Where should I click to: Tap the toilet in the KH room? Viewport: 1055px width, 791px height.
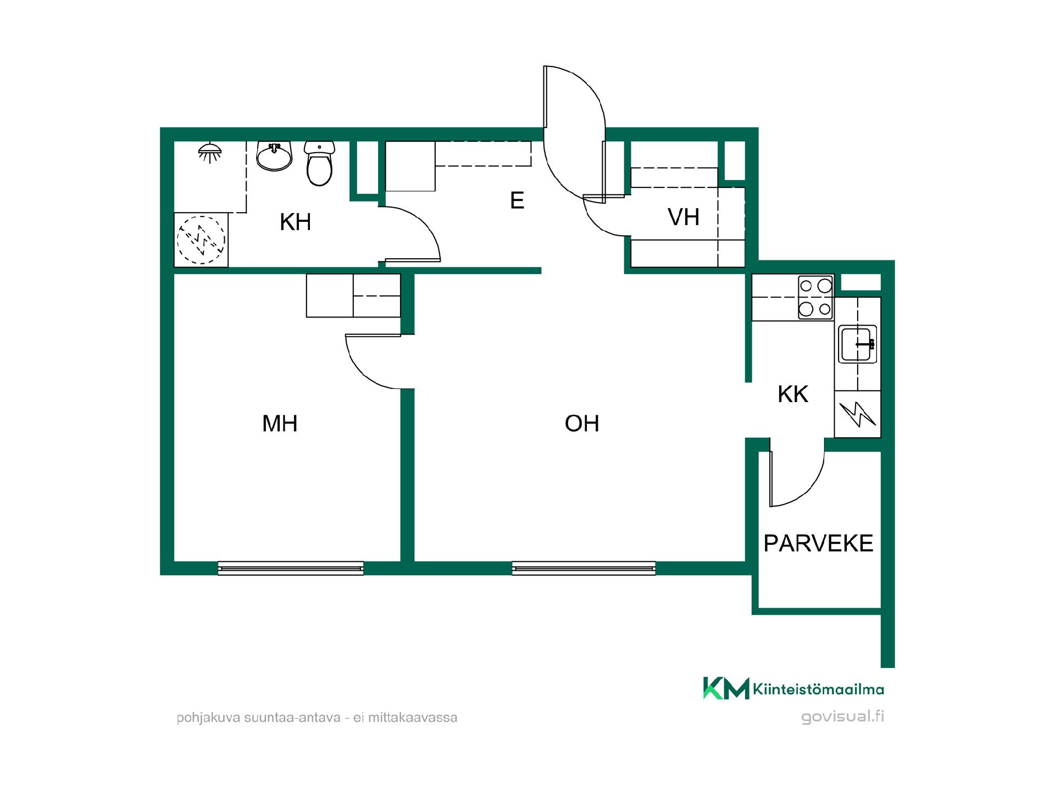tap(319, 163)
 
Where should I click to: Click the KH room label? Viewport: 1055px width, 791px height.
tap(296, 222)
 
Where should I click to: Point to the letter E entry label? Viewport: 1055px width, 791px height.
tap(517, 200)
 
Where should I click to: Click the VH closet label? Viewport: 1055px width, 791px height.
tap(684, 217)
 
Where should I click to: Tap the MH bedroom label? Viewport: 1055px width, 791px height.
tap(280, 424)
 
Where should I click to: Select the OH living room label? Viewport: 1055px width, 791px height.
tap(582, 424)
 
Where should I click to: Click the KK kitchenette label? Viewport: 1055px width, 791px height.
tap(793, 394)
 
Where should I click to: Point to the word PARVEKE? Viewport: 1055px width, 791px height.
tap(818, 543)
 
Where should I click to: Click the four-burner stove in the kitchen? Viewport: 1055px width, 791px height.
tap(815, 297)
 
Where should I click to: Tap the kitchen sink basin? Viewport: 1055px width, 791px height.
tap(858, 344)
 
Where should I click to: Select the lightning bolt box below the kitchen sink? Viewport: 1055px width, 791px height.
tap(858, 414)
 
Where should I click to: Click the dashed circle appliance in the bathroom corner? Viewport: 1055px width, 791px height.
tap(201, 240)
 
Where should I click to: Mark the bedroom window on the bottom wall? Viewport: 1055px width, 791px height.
tap(291, 568)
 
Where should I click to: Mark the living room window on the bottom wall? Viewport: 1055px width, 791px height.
tap(584, 568)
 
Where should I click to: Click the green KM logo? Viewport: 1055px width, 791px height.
tap(726, 688)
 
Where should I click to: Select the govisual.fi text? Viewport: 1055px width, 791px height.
tap(843, 716)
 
